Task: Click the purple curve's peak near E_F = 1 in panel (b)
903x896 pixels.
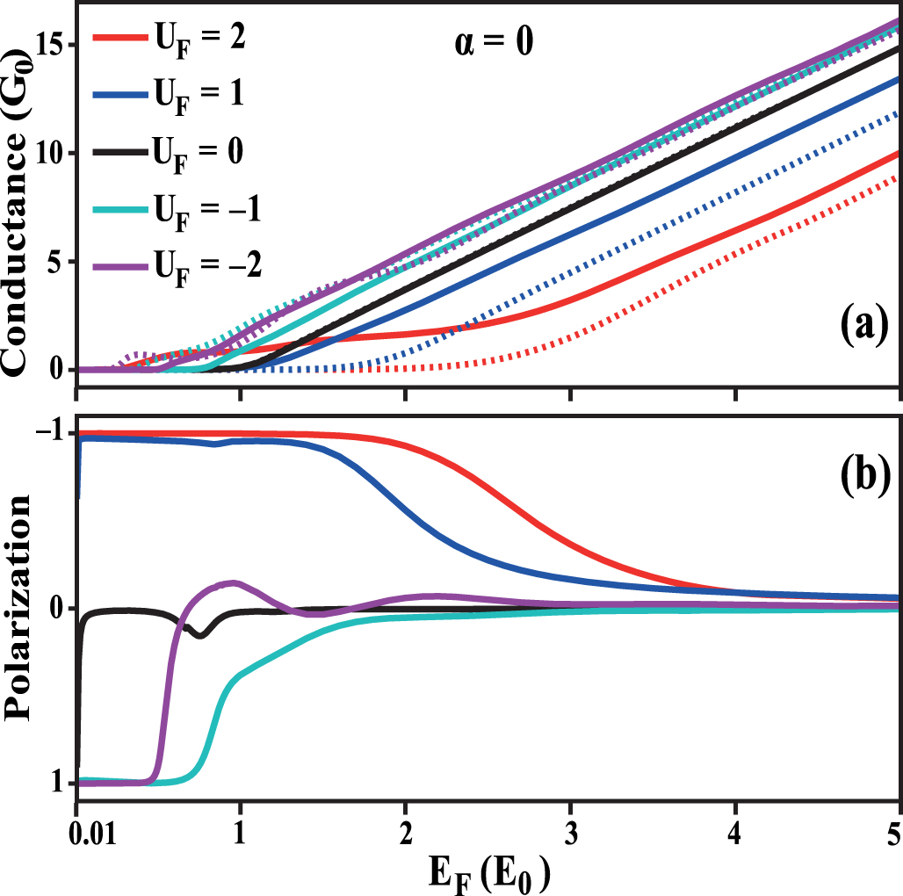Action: click(233, 582)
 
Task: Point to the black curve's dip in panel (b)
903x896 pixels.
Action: click(200, 635)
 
